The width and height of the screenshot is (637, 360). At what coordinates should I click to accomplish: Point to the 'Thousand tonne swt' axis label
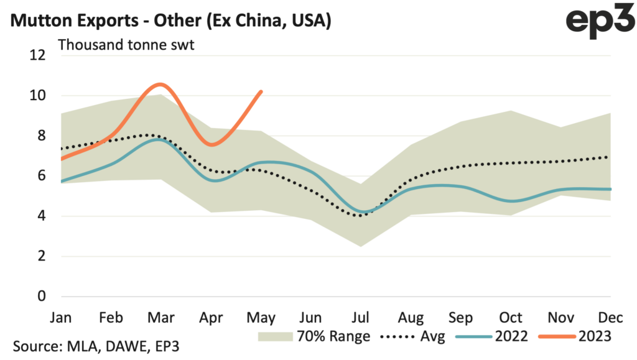coord(126,45)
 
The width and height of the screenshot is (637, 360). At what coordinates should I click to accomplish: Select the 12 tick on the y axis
coord(38,55)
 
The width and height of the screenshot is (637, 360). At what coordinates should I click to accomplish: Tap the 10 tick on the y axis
coord(38,96)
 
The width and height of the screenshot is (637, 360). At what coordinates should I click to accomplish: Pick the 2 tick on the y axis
coord(42,256)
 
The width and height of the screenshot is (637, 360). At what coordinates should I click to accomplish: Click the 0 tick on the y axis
coord(42,297)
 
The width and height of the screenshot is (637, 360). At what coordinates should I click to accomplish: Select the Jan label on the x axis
coord(61,317)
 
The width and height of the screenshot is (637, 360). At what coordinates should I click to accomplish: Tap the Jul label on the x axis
coord(361,317)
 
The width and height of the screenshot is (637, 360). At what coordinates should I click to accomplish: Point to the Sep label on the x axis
coord(461,317)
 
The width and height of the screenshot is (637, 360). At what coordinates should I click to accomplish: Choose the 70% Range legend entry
coord(315,337)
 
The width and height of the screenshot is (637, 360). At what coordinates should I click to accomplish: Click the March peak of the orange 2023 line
coord(160,84)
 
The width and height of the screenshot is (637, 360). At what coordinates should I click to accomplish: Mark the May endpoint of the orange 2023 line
coord(261,91)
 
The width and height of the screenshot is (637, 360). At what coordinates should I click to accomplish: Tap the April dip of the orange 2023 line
coord(212,145)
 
